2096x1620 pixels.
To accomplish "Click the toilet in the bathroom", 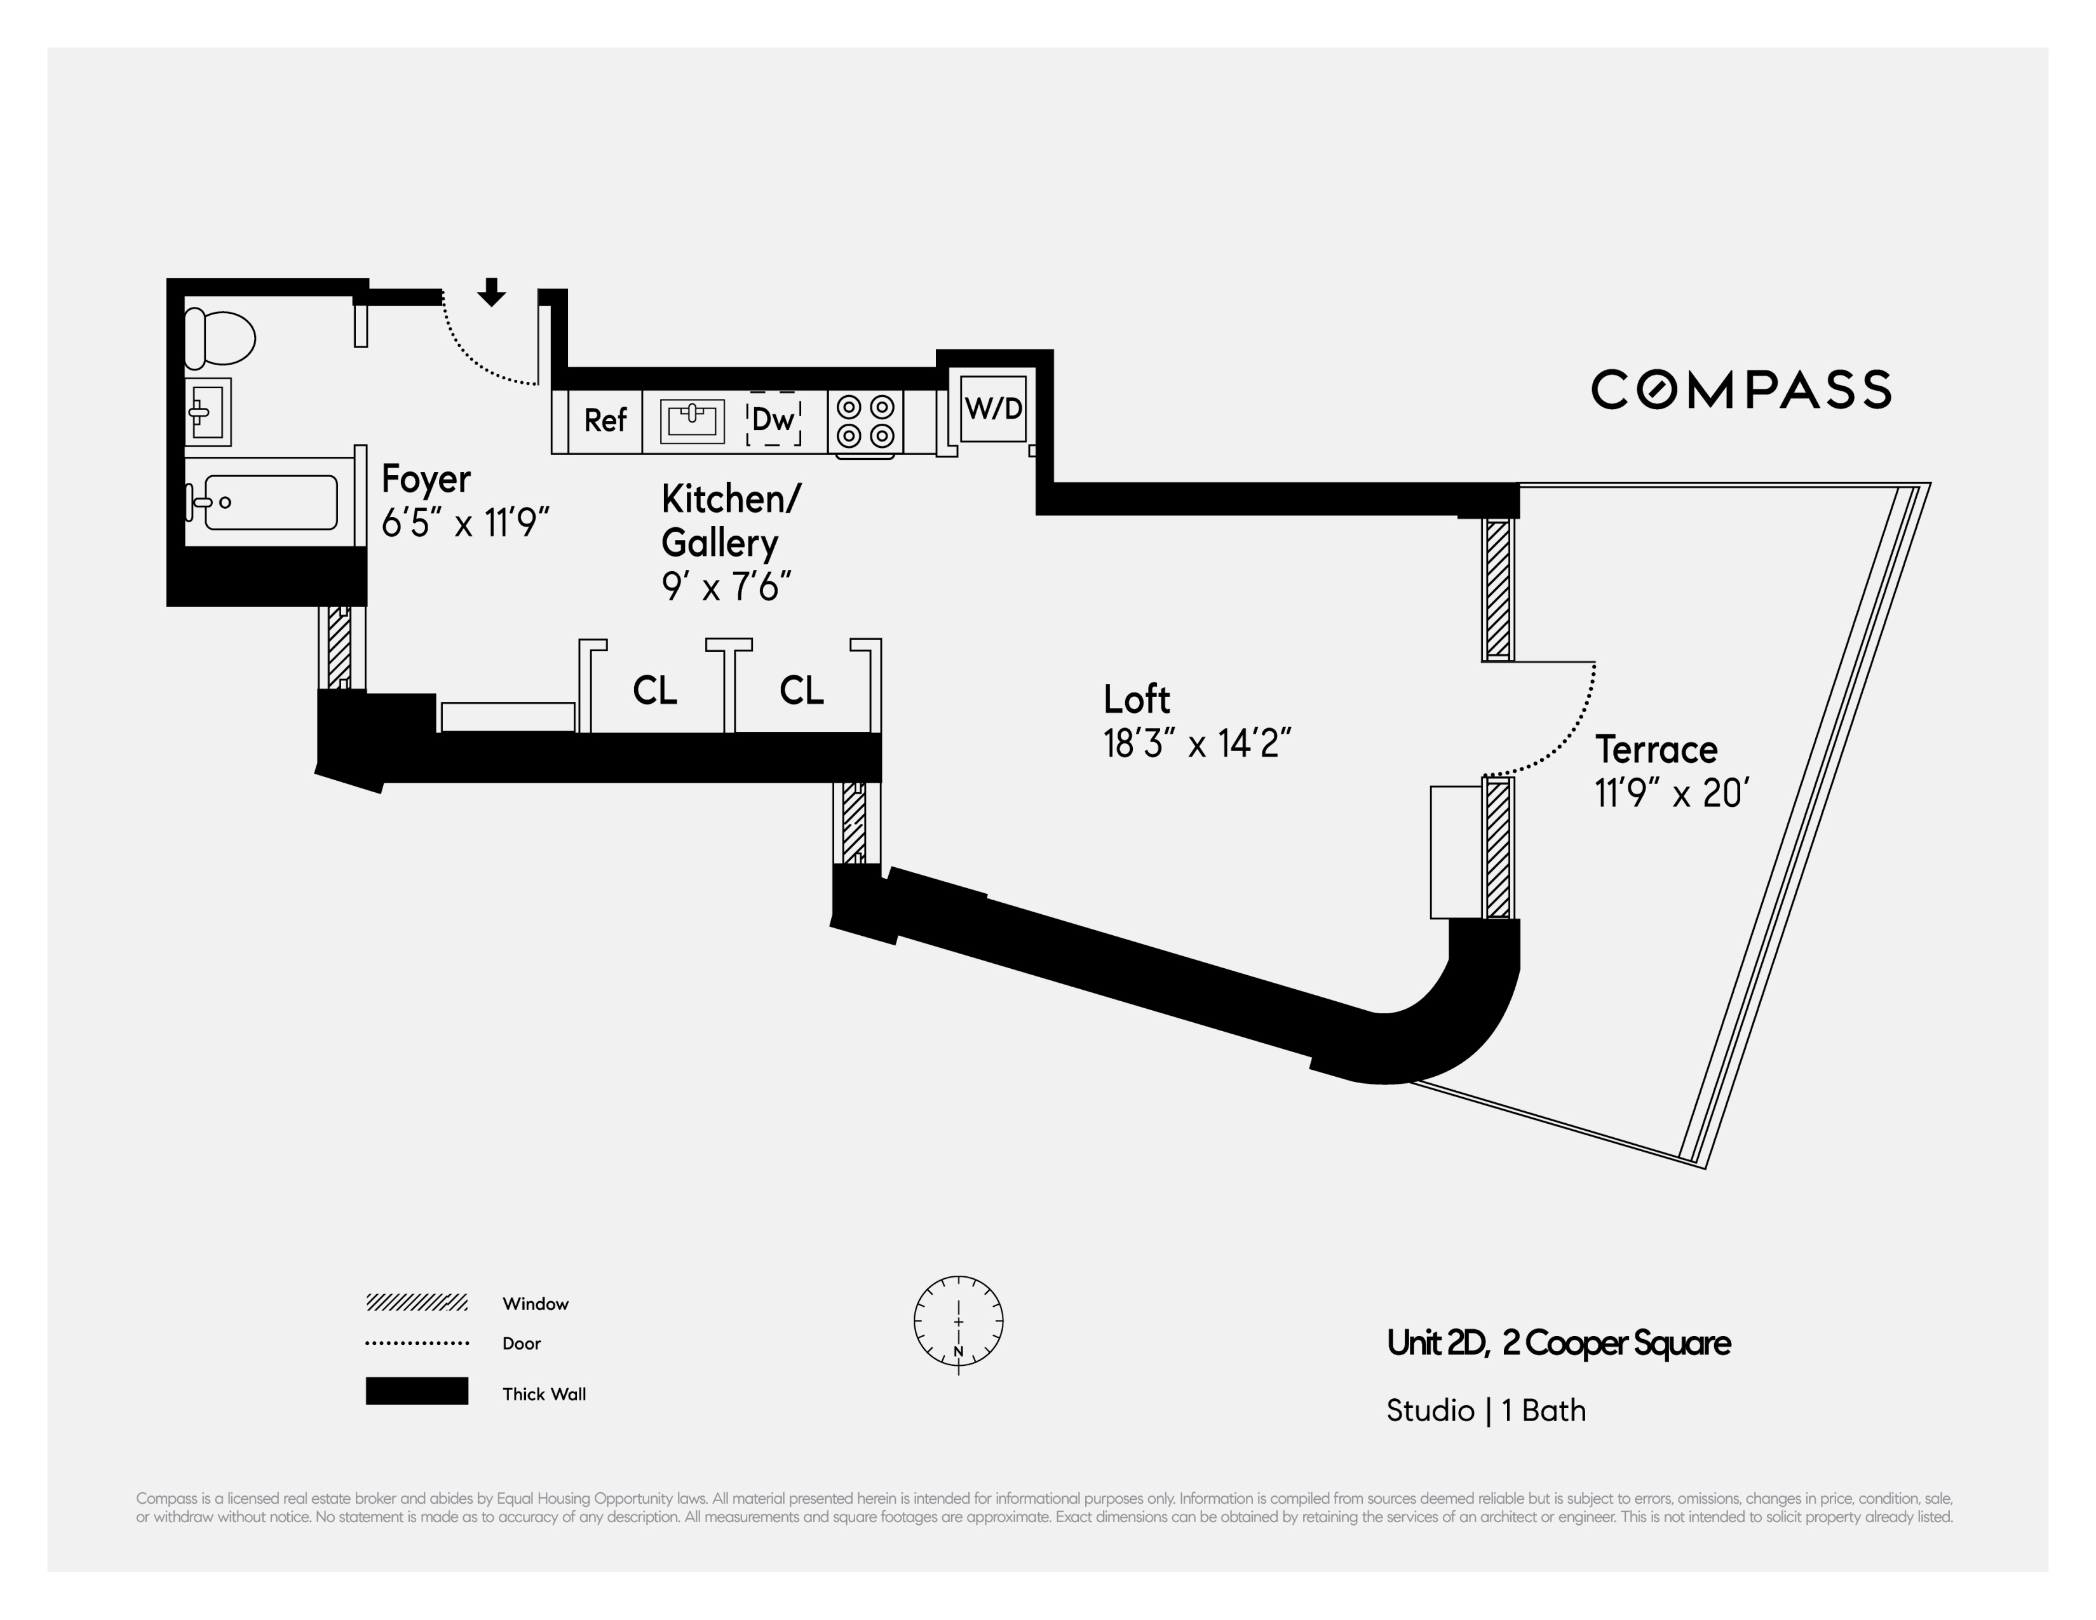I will (x=220, y=339).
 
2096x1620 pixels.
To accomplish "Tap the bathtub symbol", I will (x=269, y=502).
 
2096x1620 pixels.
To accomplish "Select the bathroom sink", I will (x=208, y=413).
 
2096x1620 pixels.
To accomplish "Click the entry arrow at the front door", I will (x=491, y=292).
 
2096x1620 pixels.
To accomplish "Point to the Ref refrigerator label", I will (x=605, y=421).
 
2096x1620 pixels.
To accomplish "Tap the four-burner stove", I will (x=865, y=421).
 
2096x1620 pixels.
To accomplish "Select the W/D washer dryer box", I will (x=993, y=409).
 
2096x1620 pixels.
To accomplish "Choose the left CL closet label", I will (x=654, y=690).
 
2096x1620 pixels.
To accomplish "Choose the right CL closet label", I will (x=801, y=690).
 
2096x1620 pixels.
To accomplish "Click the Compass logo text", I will (x=1741, y=389).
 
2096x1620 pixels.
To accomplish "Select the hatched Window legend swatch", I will (x=417, y=1303).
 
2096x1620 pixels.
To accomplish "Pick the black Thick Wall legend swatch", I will (x=417, y=1391).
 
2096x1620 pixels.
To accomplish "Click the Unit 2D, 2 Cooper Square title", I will (x=1558, y=1342).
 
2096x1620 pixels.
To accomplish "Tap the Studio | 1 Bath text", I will (x=1485, y=1410).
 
